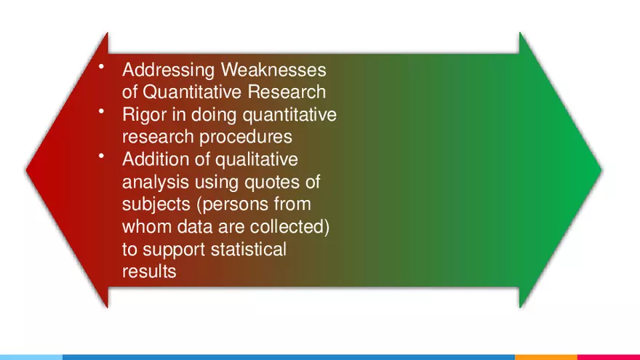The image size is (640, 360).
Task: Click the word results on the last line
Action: [148, 272]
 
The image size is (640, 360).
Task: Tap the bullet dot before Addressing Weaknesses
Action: [103, 68]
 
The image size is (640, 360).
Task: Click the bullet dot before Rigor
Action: [103, 112]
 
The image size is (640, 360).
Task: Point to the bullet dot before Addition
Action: [103, 156]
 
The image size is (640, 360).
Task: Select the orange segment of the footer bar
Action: [545, 357]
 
